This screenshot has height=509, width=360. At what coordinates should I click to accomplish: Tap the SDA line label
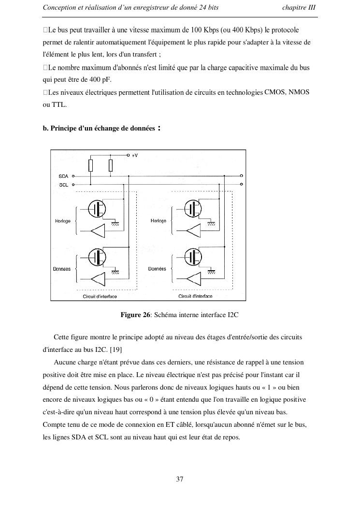pyautogui.click(x=63, y=176)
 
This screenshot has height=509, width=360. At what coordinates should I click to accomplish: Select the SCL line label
pyautogui.click(x=63, y=185)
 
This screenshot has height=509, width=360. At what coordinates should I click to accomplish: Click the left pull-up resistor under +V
pyautogui.click(x=90, y=166)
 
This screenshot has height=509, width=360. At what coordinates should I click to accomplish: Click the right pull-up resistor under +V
pyautogui.click(x=111, y=166)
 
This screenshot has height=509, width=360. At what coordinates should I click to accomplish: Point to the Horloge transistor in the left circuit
pyautogui.click(x=99, y=208)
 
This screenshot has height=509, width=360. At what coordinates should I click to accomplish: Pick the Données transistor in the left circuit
pyautogui.click(x=99, y=257)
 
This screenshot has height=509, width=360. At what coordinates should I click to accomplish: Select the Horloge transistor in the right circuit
pyautogui.click(x=194, y=208)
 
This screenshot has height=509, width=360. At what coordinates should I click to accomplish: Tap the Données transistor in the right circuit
pyautogui.click(x=194, y=257)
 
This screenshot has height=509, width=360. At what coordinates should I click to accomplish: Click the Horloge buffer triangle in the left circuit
pyautogui.click(x=98, y=232)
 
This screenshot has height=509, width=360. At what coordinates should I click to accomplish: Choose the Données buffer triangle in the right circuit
pyautogui.click(x=193, y=279)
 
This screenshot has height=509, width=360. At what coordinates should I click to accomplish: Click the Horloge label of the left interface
pyautogui.click(x=63, y=221)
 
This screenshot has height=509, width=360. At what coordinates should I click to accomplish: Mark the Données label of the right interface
pyautogui.click(x=157, y=269)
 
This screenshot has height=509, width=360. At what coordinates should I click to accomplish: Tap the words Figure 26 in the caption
pyautogui.click(x=135, y=315)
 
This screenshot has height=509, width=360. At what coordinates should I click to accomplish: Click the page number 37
pyautogui.click(x=180, y=480)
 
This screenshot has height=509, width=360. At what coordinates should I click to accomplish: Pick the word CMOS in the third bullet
pyautogui.click(x=275, y=92)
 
